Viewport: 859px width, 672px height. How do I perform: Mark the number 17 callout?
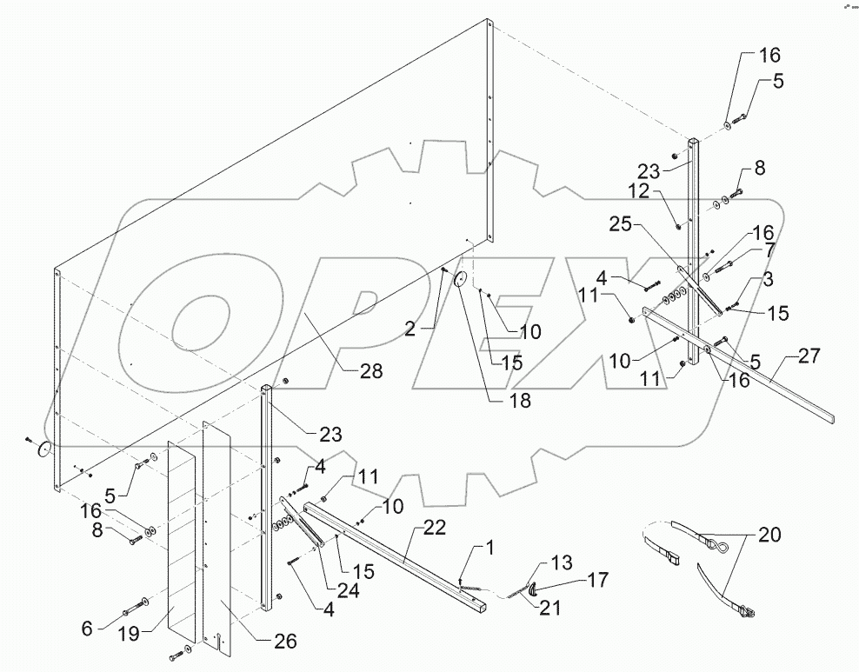[x=597, y=578]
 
